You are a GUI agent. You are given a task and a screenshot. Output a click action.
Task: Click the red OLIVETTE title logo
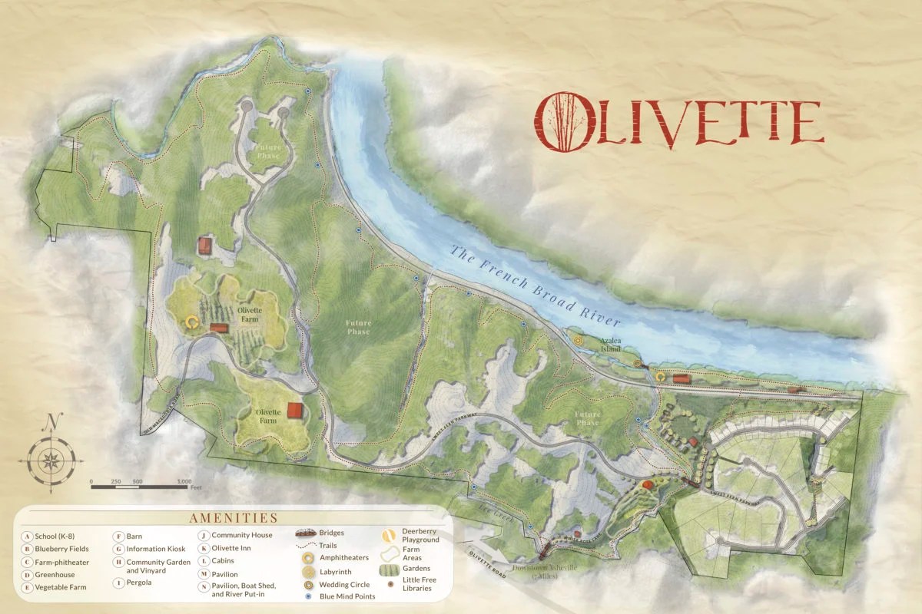click(678, 121)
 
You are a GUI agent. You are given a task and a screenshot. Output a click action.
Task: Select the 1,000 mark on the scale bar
click(184, 482)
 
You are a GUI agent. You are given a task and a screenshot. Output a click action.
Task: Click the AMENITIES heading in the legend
click(228, 519)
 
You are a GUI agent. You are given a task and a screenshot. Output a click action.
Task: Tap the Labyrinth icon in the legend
click(307, 571)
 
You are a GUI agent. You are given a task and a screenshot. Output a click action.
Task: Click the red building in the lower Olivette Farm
click(295, 411)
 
